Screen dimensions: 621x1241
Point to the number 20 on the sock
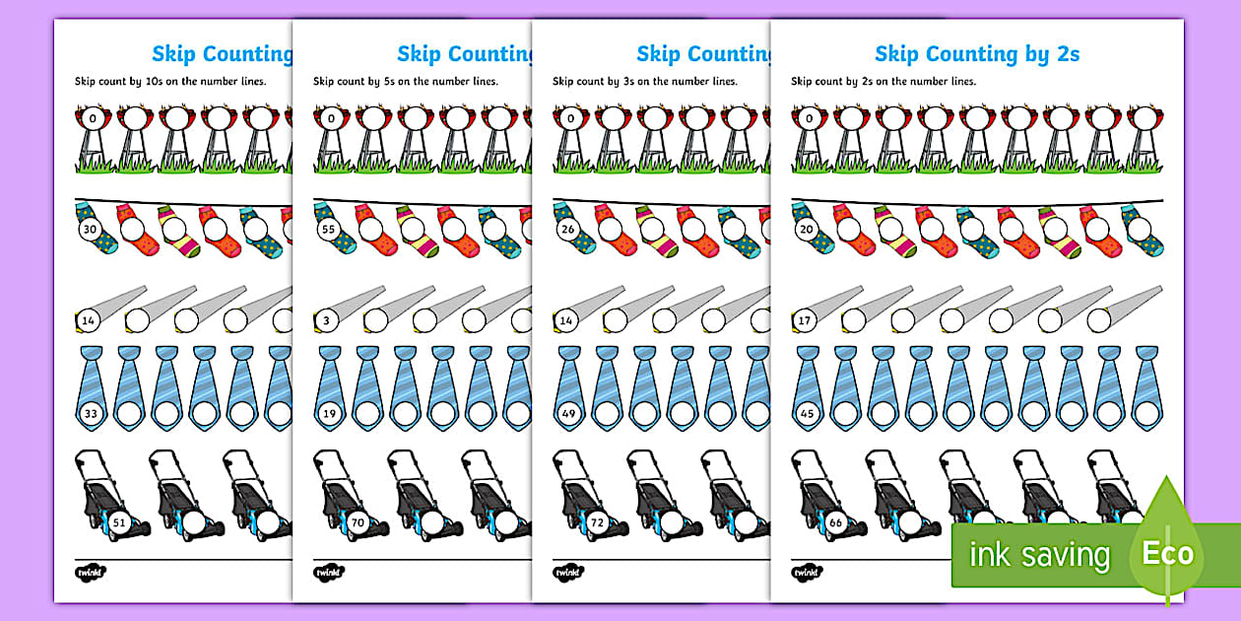pyautogui.click(x=808, y=231)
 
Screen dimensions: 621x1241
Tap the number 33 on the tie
pyautogui.click(x=91, y=414)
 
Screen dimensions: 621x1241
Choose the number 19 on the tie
pyautogui.click(x=330, y=414)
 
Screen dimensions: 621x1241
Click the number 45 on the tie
pyautogui.click(x=808, y=414)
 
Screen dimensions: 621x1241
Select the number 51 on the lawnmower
pyautogui.click(x=119, y=521)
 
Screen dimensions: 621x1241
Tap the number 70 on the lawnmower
pyautogui.click(x=358, y=521)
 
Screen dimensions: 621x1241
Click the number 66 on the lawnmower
pyautogui.click(x=836, y=521)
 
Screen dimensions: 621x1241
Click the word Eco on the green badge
pyautogui.click(x=1167, y=553)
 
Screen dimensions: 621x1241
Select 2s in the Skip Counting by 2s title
pyautogui.click(x=1065, y=53)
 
